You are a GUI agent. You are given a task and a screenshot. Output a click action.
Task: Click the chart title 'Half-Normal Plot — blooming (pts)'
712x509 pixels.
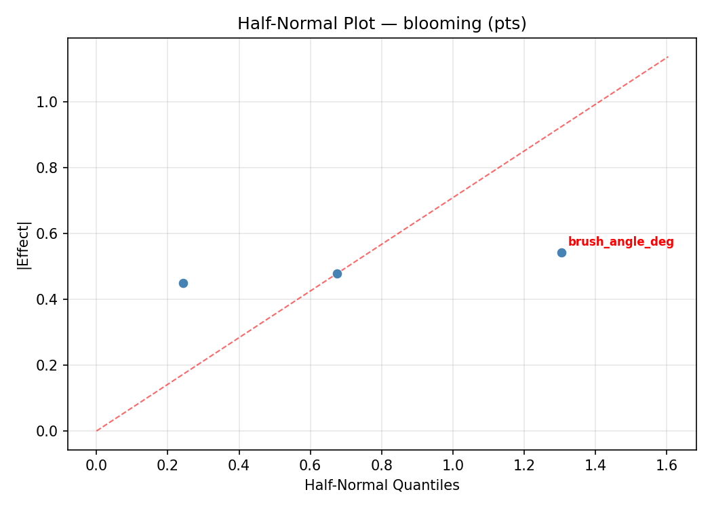pos(382,24)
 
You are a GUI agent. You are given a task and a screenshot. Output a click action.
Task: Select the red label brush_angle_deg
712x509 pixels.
pos(620,242)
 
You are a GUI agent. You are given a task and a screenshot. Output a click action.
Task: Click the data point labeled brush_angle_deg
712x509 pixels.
pos(561,252)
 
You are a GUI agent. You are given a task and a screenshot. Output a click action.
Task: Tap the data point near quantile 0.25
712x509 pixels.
pos(183,283)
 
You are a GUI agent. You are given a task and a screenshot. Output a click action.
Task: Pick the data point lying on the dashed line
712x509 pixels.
pos(337,274)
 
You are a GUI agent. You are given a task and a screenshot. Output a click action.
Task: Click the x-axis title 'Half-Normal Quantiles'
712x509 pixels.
pos(382,486)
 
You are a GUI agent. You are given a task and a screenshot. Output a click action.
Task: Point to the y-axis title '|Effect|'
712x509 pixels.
pos(24,244)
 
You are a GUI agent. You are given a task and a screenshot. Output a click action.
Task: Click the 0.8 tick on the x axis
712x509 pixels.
pos(381,466)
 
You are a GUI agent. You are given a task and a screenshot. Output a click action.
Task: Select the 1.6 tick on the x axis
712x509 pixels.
pos(667,466)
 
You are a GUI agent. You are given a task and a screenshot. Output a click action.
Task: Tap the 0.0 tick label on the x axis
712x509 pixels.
pos(96,466)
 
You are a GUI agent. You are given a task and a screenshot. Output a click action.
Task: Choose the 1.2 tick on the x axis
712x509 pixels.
pos(524,466)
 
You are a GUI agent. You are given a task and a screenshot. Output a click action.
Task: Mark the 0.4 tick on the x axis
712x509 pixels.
pos(239,466)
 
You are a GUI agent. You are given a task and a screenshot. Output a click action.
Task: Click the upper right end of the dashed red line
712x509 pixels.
pos(668,56)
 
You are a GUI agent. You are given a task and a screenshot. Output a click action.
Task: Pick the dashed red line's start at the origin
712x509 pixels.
pos(96,431)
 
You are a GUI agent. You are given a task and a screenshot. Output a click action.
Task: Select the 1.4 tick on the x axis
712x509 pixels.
pos(595,466)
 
